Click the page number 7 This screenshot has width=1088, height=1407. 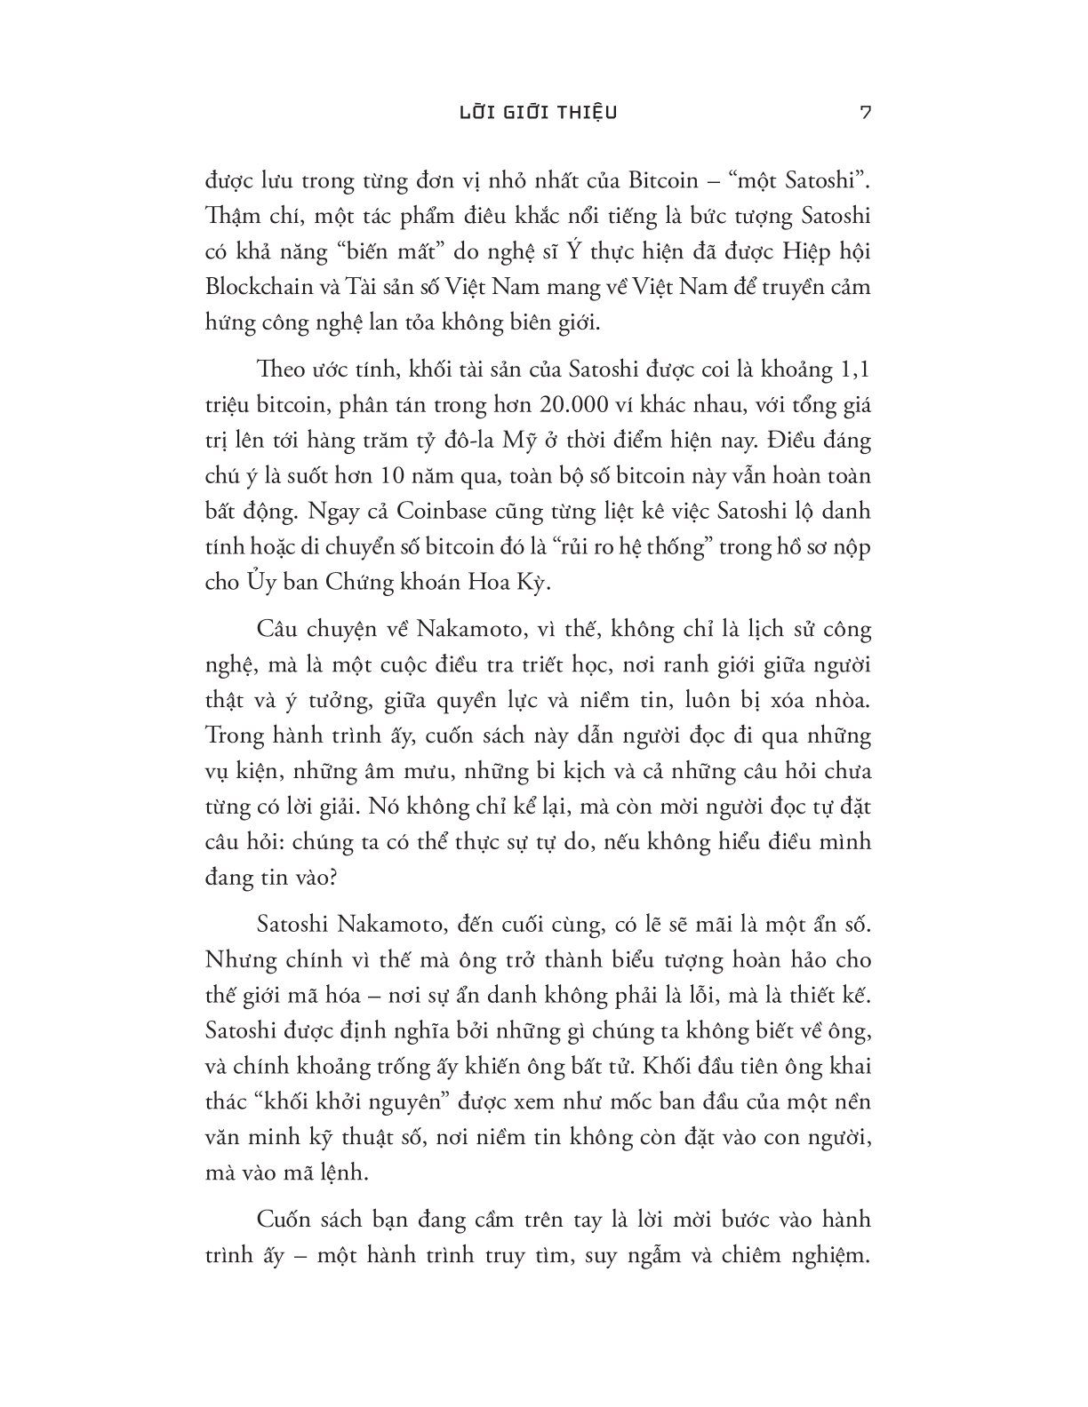tap(866, 113)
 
